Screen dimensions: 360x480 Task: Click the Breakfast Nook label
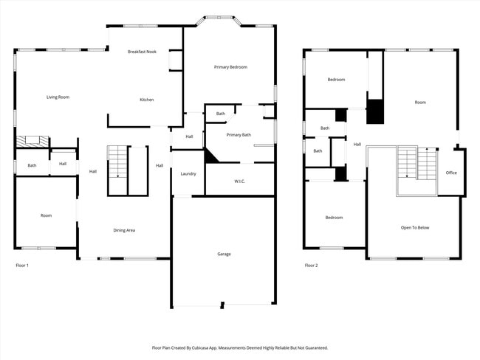pos(142,52)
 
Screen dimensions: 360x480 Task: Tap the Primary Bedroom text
pos(230,67)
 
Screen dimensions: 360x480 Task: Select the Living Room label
pos(58,97)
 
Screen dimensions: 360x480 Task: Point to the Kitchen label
pos(147,100)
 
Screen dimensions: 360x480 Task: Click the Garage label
pos(224,254)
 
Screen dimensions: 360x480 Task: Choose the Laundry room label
pos(188,173)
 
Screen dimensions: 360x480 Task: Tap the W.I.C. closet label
pos(240,181)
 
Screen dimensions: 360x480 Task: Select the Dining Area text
pos(124,230)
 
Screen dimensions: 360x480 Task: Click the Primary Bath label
pos(239,135)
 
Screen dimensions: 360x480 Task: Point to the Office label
pos(451,173)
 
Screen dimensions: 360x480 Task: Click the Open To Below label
pos(415,227)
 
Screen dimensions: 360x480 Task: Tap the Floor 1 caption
pos(22,265)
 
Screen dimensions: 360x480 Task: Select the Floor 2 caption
pos(312,265)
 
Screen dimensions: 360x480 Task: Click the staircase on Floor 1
pos(118,162)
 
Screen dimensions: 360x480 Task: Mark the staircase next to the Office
pos(417,164)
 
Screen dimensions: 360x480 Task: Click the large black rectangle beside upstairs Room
pos(376,111)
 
